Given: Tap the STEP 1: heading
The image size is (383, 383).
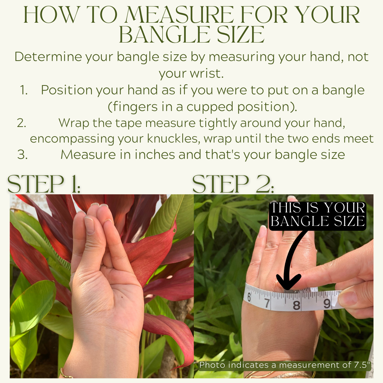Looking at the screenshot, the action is point(44,184).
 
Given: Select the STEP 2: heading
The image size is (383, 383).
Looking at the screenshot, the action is point(233,184).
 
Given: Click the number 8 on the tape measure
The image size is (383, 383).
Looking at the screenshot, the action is point(296,305).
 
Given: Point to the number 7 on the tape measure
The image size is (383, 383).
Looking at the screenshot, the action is point(267,303).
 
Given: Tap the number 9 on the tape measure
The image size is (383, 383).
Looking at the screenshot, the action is point(327,304).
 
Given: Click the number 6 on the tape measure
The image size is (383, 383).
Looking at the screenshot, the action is point(249,297).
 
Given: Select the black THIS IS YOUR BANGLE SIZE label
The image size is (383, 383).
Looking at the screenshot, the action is point(317,215).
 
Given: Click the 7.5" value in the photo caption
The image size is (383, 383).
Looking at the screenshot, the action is point(361,365).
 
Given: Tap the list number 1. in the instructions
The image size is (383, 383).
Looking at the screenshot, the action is point(24,90).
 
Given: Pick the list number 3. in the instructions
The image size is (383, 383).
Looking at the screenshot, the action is point(22,155).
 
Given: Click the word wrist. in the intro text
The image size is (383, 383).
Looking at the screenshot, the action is point(191,73).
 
